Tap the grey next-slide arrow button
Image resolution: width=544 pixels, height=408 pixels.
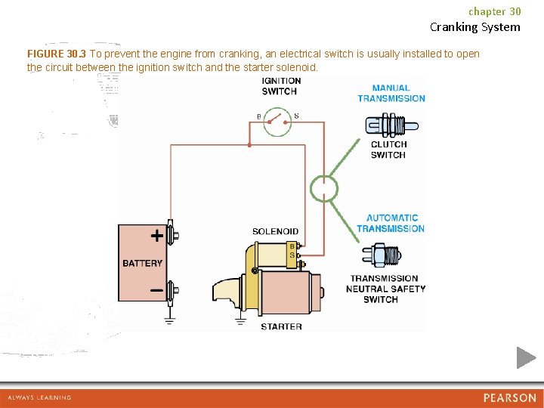(x=526, y=357)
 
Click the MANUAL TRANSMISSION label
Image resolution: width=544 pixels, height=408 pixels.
(x=391, y=93)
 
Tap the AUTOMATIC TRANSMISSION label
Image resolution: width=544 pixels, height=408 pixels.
(x=391, y=223)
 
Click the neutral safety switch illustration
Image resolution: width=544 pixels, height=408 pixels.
(x=385, y=255)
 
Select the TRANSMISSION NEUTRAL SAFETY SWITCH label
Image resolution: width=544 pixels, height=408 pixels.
(x=385, y=289)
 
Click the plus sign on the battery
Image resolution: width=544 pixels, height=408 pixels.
(x=156, y=235)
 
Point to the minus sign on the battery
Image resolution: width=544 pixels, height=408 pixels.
(x=156, y=290)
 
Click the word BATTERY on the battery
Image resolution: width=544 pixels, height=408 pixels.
(x=142, y=263)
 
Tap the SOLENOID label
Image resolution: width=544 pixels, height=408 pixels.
(x=275, y=231)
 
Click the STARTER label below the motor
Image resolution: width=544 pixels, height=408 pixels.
(x=281, y=326)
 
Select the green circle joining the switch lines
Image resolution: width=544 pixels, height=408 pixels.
(x=325, y=188)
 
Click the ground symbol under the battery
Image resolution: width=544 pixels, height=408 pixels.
(x=170, y=320)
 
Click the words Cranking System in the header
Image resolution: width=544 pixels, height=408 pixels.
(x=474, y=27)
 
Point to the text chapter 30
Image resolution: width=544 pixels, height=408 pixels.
(x=494, y=11)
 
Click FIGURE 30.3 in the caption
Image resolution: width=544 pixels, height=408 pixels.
(x=56, y=54)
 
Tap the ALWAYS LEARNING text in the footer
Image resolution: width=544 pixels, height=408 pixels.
(x=39, y=397)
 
